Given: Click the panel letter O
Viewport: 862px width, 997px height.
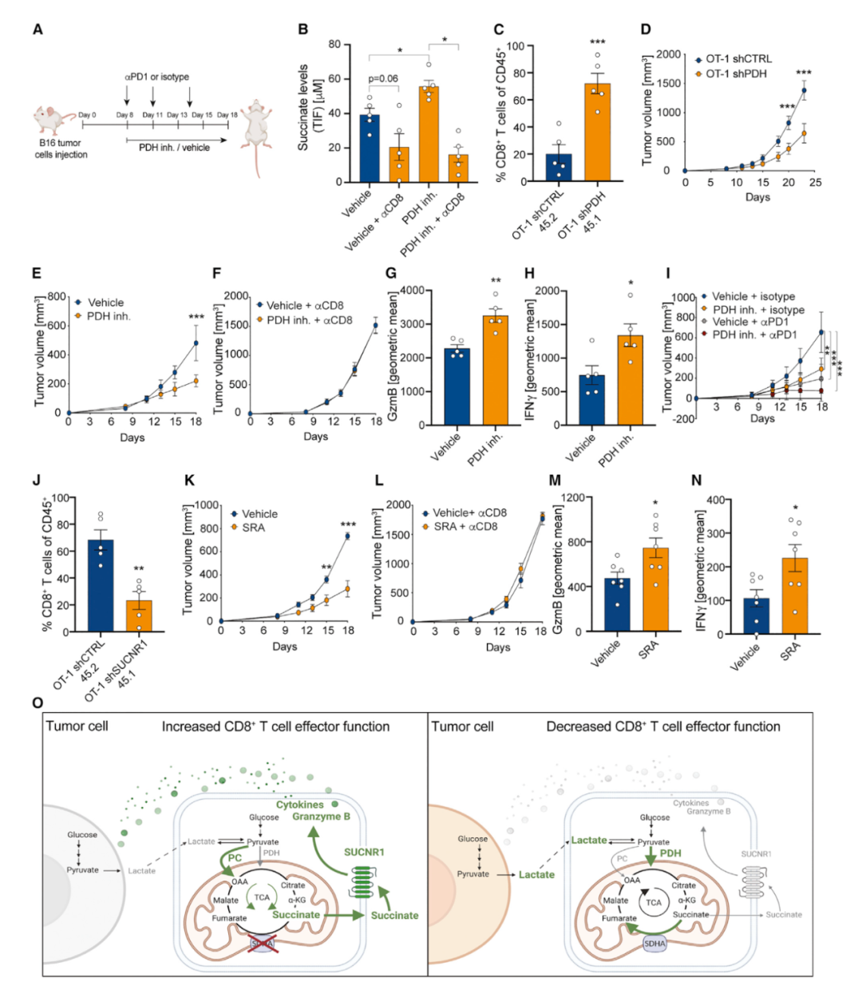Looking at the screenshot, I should [37, 703].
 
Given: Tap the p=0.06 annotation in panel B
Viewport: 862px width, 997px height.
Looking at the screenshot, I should [383, 78].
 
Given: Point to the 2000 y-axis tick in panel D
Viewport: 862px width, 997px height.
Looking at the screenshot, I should [668, 55].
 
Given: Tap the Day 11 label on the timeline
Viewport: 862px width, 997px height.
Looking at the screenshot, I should [153, 115].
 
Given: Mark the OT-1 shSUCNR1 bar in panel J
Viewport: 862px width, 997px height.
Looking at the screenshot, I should [139, 615].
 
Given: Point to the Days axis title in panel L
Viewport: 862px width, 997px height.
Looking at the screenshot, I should [498, 647].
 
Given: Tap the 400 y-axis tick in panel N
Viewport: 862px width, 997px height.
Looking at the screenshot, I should [714, 500].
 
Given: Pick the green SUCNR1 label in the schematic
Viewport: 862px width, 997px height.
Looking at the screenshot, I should [364, 852].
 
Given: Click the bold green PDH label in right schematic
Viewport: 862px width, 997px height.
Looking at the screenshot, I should [670, 853].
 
